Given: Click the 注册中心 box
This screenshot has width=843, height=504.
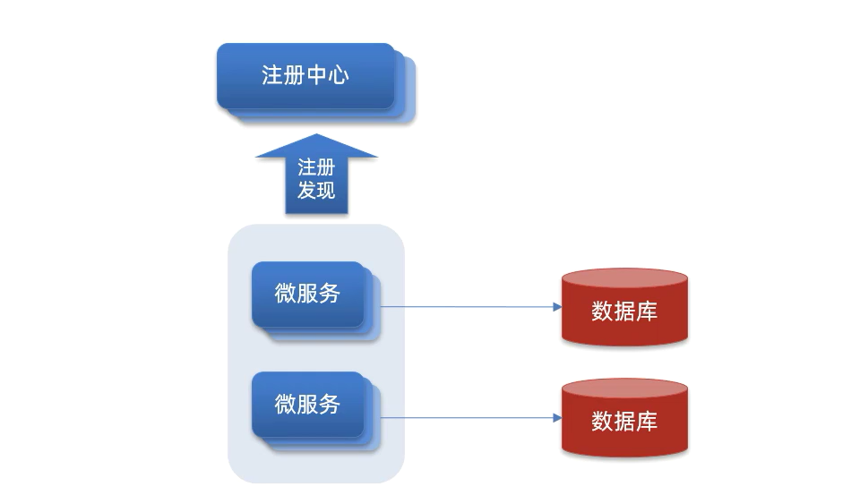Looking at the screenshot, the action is [305, 75].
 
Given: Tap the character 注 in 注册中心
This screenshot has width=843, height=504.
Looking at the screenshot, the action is [272, 75].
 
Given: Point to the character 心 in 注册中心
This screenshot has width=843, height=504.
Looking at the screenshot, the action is [338, 75].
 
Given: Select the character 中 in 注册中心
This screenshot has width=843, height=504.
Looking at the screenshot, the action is [316, 75].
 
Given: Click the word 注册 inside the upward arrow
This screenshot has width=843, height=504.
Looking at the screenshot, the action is [316, 168].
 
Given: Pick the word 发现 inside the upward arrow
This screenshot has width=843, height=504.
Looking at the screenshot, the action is [316, 190].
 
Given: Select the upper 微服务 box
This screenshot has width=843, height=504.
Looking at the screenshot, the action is [307, 294].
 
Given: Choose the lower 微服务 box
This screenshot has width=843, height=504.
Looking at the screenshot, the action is [307, 404].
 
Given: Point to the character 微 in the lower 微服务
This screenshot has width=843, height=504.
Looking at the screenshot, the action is [285, 404].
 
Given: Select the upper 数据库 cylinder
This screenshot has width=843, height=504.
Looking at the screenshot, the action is [624, 309].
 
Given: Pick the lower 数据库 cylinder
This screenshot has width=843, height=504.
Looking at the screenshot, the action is [624, 419].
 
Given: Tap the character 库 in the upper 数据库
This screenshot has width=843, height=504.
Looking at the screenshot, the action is [647, 312].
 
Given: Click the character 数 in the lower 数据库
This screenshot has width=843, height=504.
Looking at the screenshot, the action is [602, 422].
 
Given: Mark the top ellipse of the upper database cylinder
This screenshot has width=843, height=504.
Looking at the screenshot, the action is [624, 278].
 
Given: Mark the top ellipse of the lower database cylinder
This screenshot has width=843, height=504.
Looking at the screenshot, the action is [624, 389].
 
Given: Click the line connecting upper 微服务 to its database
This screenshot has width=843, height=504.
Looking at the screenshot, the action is [466, 306].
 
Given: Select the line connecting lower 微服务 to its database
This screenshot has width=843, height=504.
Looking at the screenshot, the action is [466, 418].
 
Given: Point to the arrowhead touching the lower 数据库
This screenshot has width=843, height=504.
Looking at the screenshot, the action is [556, 418].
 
